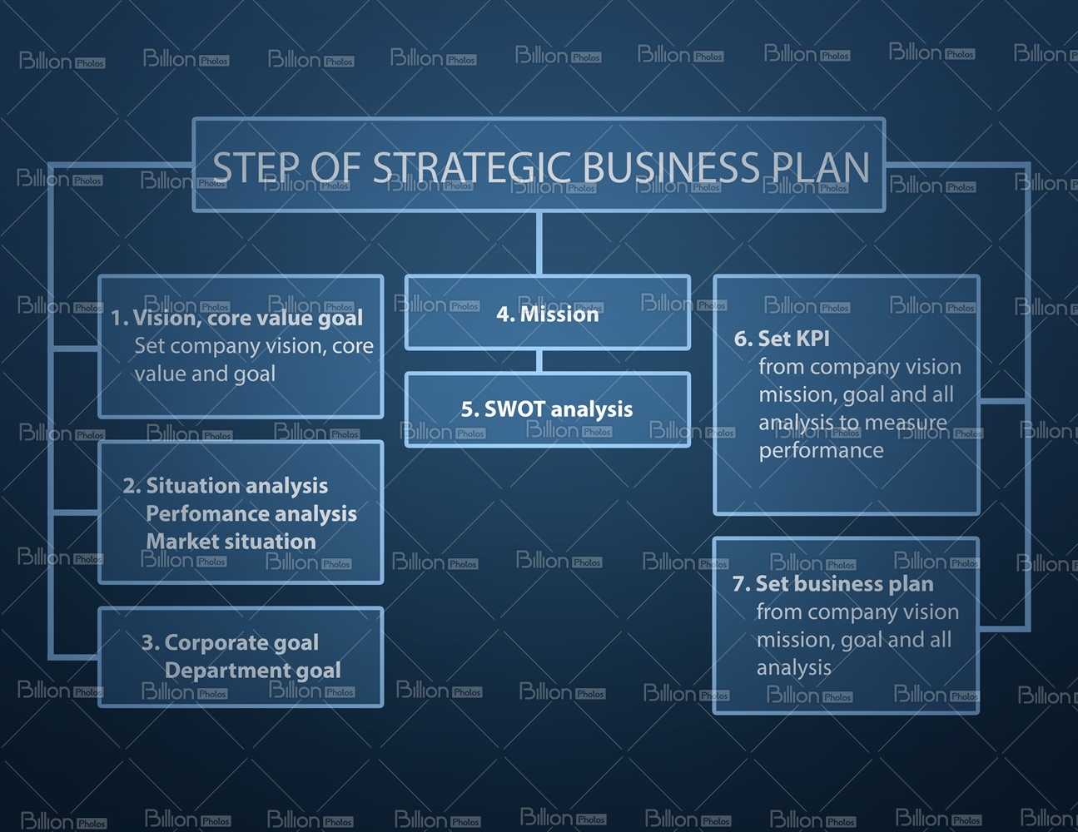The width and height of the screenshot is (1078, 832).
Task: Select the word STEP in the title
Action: pos(256,166)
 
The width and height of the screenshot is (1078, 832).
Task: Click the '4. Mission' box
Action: pos(548,313)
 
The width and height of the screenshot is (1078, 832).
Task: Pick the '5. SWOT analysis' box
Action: pos(548,410)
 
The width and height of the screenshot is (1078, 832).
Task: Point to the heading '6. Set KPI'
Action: pos(782,339)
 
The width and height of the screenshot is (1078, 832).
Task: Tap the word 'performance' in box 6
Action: pos(821,450)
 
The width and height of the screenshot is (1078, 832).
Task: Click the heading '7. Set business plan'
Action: pos(833,584)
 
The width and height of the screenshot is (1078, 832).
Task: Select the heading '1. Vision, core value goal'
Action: pos(236,319)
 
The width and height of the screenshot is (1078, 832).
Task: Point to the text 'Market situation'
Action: pos(231,541)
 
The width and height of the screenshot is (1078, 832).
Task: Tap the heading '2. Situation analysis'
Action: pos(226,486)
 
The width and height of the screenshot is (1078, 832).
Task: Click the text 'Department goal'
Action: pos(252,671)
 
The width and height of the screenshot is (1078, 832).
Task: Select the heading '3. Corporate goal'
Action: pos(231,642)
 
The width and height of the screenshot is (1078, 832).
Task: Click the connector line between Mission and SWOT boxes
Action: pos(539,361)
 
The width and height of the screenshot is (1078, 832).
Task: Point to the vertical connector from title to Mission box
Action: pos(539,244)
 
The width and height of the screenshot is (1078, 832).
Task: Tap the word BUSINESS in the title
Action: pos(670,166)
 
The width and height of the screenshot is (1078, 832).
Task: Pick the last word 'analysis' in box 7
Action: pos(794,668)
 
